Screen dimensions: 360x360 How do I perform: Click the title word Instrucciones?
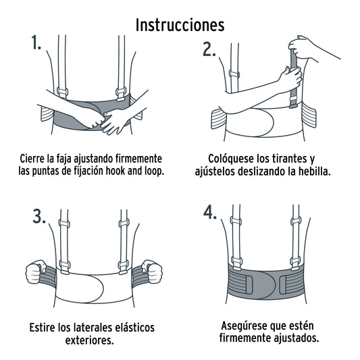point(180,24)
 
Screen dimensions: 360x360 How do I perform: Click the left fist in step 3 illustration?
point(34,274)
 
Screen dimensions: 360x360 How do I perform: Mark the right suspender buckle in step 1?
point(124,92)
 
